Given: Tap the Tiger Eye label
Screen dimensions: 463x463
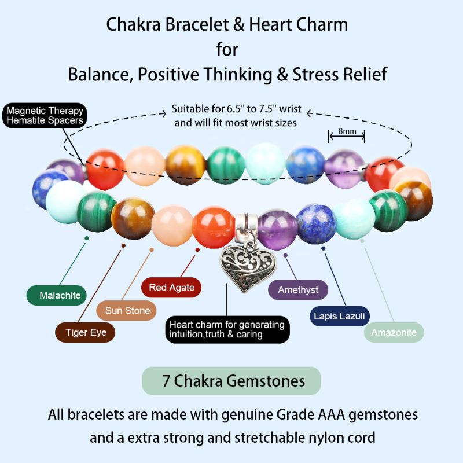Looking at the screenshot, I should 85,332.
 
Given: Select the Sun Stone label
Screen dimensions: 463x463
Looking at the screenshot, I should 127,311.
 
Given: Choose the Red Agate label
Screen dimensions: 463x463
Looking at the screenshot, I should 171,288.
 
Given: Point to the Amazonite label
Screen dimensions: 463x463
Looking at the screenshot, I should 394,332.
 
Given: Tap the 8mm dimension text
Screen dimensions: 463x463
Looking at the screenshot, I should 347,131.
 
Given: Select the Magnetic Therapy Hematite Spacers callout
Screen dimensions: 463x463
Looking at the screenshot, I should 45,116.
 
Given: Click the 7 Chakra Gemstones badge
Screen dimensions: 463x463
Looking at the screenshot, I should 231,381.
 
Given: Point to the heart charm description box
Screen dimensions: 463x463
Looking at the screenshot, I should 227,329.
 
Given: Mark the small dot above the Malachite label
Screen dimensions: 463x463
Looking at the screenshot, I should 87,237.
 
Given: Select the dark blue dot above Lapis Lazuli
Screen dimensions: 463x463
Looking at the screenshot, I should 324,248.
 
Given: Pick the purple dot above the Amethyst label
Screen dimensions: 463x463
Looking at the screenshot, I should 285,252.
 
